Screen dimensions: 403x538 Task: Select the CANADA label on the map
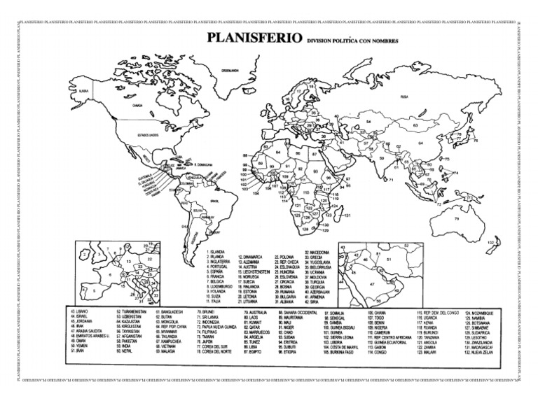(138, 106)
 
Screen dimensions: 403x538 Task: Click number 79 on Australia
(456, 218)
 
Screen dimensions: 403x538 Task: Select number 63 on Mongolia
(415, 127)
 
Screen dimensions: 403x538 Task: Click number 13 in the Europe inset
(129, 263)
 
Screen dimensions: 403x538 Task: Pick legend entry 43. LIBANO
(81, 311)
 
